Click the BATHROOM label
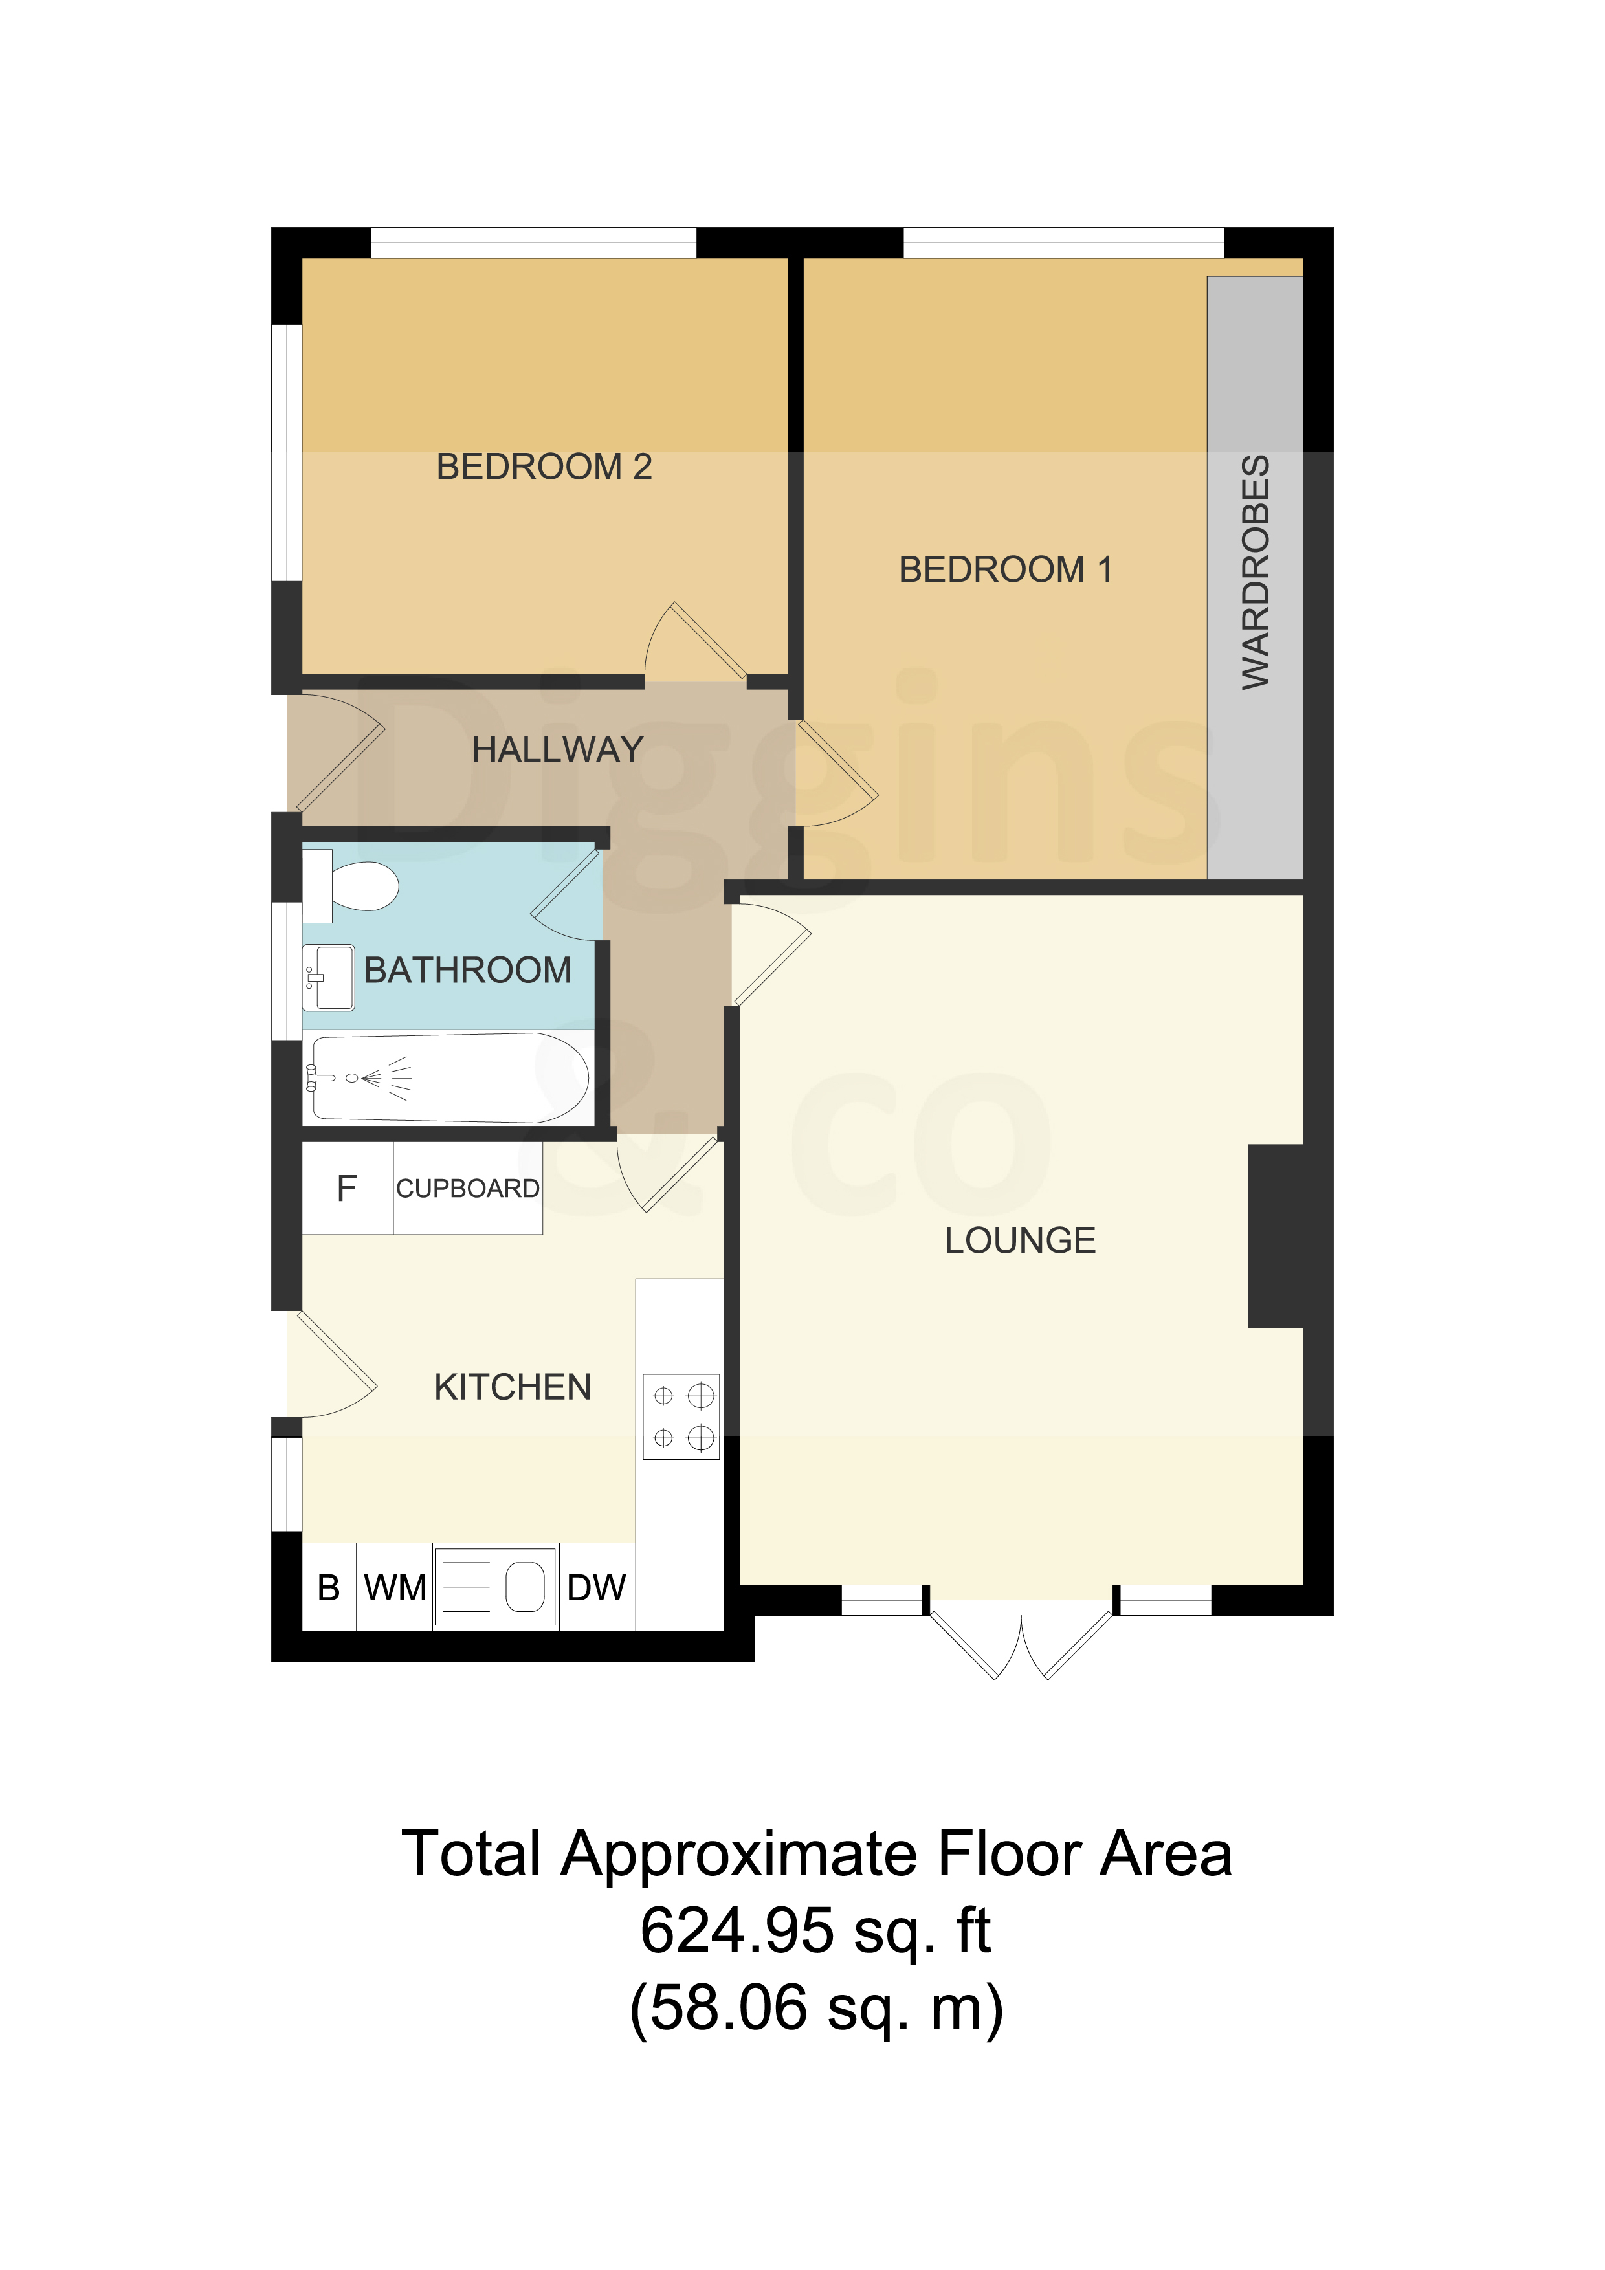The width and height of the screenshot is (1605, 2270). (468, 970)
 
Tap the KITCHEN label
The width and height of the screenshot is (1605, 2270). (513, 1387)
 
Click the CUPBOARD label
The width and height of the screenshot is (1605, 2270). (468, 1189)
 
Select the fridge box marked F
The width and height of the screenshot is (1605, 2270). (347, 1189)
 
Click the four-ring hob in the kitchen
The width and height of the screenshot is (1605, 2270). (681, 1416)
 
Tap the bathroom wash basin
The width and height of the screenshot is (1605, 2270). (328, 978)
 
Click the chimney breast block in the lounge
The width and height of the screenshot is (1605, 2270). (1276, 1236)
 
